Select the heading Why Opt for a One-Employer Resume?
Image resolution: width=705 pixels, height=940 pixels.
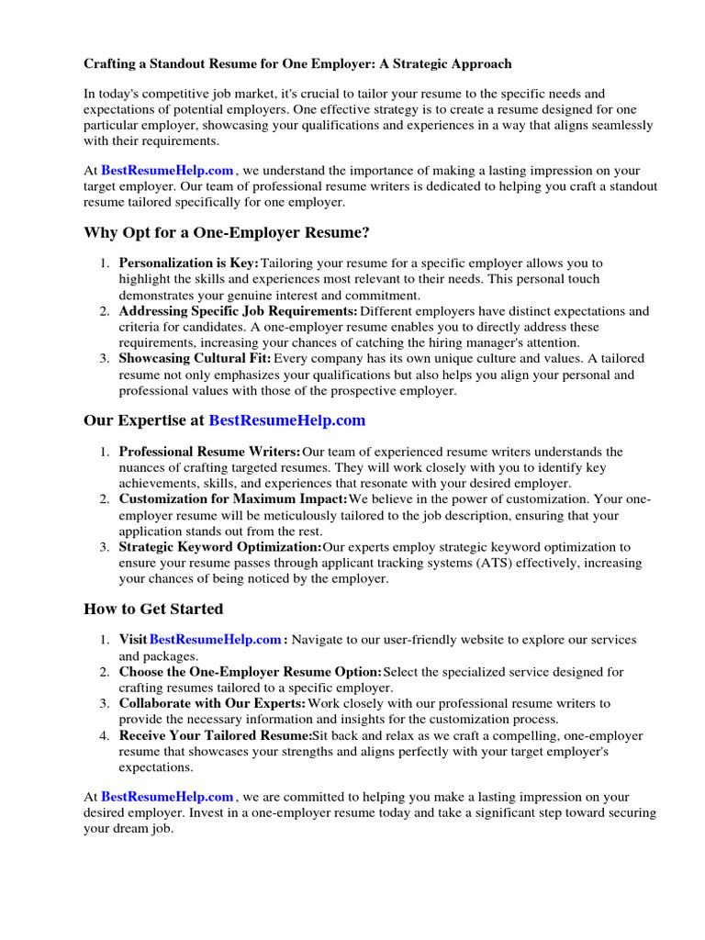coord(227,232)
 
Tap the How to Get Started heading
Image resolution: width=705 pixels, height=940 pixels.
coord(153,609)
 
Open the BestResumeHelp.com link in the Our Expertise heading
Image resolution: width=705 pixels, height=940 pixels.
coord(286,420)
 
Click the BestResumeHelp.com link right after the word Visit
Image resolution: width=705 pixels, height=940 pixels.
coord(215,639)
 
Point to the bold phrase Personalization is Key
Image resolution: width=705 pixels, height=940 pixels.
coord(189,263)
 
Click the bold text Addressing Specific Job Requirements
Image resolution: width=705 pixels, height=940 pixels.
coord(238,311)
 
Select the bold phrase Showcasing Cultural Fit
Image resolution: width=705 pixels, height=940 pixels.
coord(195,358)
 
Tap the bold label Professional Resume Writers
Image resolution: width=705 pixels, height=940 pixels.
coord(209,452)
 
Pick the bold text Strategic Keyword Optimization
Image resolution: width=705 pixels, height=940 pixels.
coord(220,547)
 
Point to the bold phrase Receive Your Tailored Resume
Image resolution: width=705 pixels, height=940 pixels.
coord(216,735)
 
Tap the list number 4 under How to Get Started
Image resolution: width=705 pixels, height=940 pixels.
coord(105,735)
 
